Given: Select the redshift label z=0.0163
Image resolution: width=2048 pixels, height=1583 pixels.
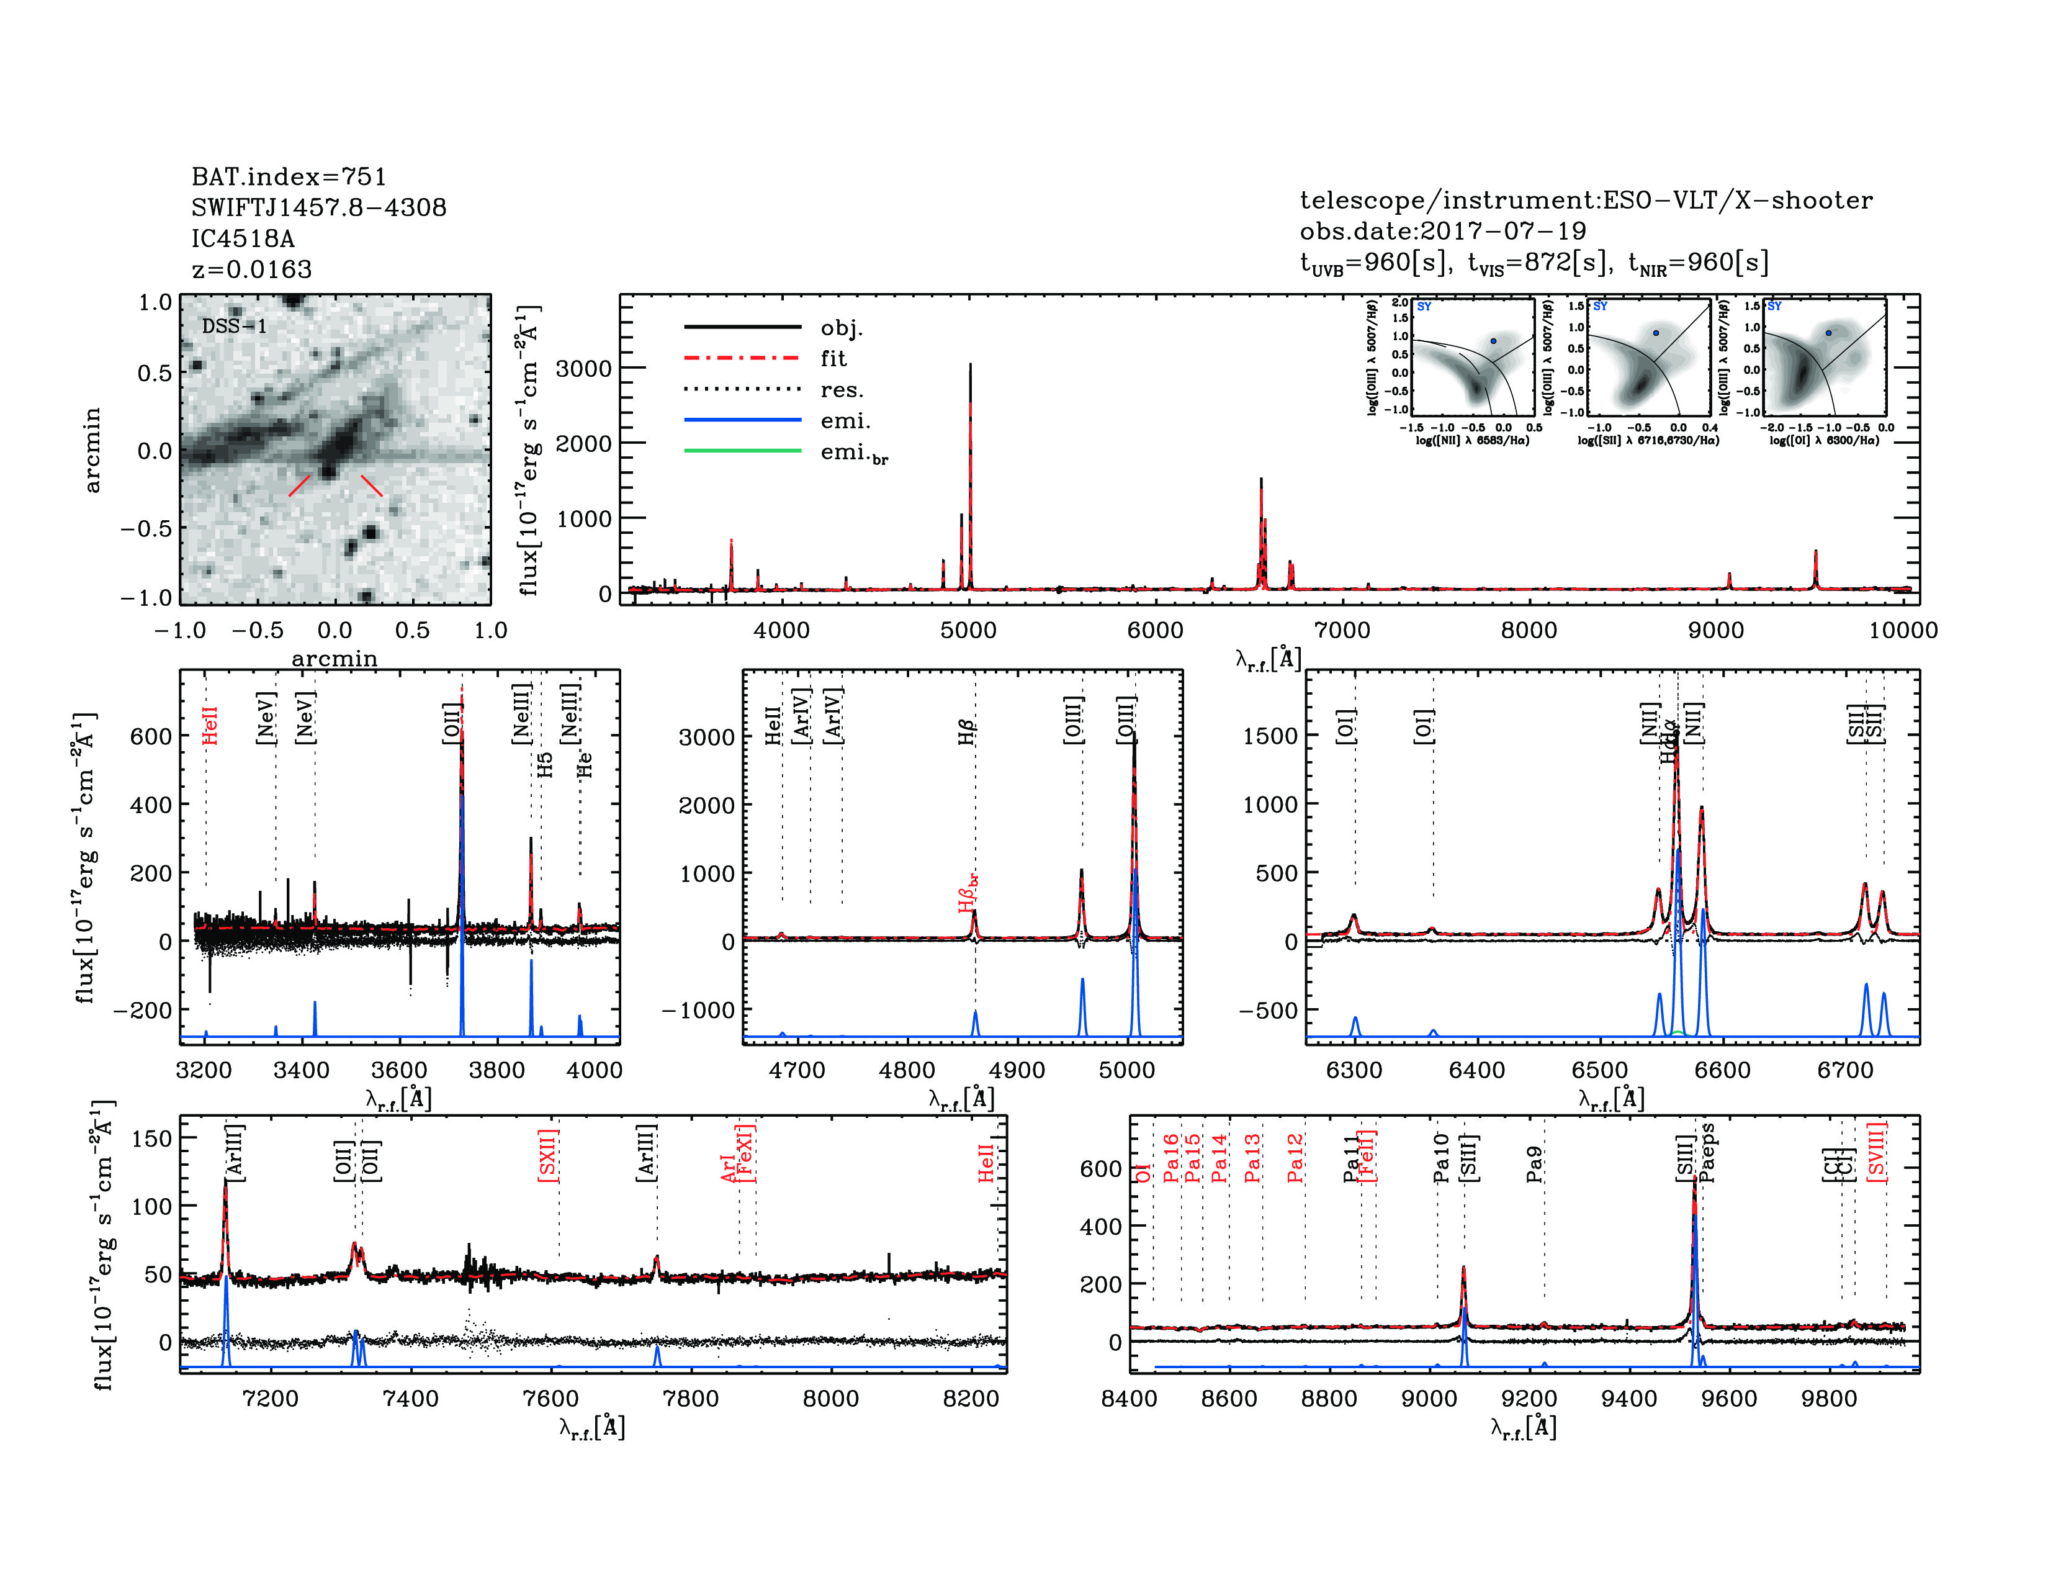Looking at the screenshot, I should [251, 269].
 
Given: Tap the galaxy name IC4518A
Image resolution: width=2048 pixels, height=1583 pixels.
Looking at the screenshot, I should [243, 238].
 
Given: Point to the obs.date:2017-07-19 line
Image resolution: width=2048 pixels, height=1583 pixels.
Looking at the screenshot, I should [1442, 231].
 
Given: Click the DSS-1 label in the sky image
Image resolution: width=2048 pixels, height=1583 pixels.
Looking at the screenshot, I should [235, 327].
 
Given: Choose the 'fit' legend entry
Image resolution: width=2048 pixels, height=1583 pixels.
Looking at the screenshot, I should [833, 358].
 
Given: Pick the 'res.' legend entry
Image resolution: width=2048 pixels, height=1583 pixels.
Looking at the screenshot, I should [841, 389].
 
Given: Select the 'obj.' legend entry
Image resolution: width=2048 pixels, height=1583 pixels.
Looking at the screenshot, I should [841, 327].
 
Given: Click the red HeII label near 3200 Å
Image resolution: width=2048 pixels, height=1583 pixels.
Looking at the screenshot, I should [210, 726].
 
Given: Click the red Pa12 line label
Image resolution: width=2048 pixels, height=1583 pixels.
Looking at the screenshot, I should [1296, 1158].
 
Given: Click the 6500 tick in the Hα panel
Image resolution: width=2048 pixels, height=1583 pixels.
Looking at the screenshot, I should [1600, 1070].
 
